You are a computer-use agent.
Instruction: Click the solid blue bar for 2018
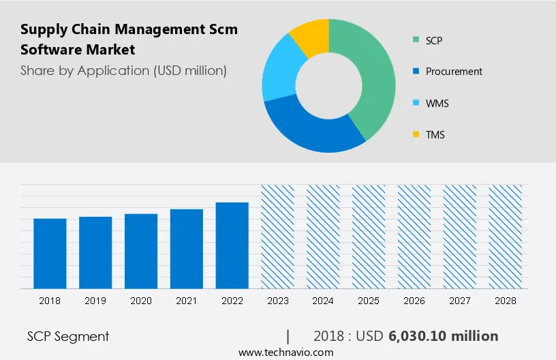(x=50, y=253)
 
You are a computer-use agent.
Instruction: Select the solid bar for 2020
(x=141, y=251)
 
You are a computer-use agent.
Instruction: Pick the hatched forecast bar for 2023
(x=277, y=236)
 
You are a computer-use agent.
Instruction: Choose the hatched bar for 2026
(x=414, y=236)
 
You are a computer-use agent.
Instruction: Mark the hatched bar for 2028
(x=506, y=236)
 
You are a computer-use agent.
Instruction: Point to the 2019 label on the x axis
(x=95, y=301)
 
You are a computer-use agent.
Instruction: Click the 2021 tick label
(x=186, y=301)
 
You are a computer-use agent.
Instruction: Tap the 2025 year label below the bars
(x=369, y=301)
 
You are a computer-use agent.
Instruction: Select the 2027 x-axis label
(x=460, y=301)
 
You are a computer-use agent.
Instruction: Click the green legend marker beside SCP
(x=415, y=40)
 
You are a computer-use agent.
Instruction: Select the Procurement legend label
(x=454, y=71)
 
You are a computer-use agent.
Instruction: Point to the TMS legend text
(x=435, y=134)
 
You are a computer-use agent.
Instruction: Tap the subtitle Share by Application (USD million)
(x=123, y=70)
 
